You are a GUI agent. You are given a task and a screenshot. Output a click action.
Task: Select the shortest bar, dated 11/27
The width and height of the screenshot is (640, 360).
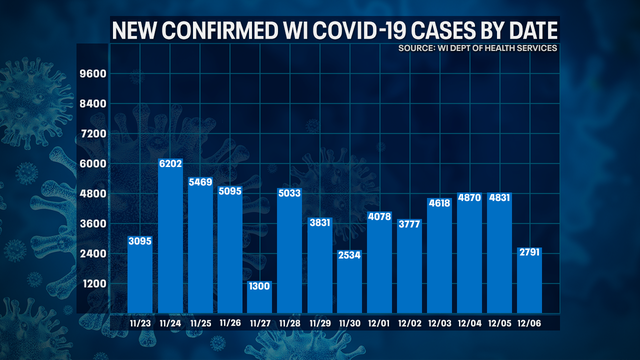261,301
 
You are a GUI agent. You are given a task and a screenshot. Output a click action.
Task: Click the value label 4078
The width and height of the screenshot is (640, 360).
379,216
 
